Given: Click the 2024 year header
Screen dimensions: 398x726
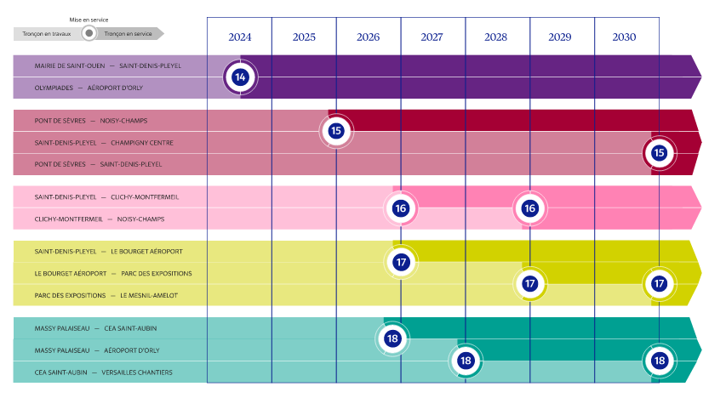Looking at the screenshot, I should [239, 37].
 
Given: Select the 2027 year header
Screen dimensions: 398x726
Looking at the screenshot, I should [432, 37].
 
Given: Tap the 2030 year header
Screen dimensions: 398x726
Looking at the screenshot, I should [624, 37].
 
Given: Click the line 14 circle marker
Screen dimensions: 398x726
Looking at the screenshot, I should [240, 77].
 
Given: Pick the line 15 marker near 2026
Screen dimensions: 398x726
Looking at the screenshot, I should [336, 131].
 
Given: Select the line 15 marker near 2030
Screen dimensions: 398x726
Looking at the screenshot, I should [659, 153].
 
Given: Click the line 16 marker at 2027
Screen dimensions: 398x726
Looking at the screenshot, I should [401, 208].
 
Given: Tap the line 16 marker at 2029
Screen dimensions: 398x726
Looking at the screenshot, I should [529, 208].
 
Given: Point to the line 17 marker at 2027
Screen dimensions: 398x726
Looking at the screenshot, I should [401, 262].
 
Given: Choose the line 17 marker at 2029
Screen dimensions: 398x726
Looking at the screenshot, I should [529, 283].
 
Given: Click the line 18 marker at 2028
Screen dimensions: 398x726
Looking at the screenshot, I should [466, 361].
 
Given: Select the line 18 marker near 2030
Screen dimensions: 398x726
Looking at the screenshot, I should [659, 361].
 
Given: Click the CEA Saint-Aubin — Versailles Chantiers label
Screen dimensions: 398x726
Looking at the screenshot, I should [103, 372].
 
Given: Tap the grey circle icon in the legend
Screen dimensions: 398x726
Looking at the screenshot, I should [89, 34].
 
